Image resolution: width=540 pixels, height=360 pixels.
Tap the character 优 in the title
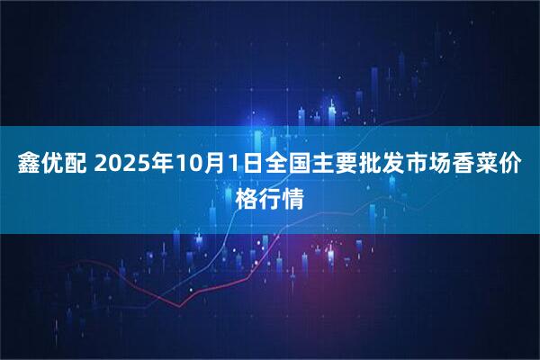point(53,164)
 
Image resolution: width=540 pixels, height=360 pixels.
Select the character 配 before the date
point(76,164)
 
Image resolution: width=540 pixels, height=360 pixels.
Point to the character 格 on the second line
point(246,195)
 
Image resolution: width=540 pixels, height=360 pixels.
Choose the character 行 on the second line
point(269,195)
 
